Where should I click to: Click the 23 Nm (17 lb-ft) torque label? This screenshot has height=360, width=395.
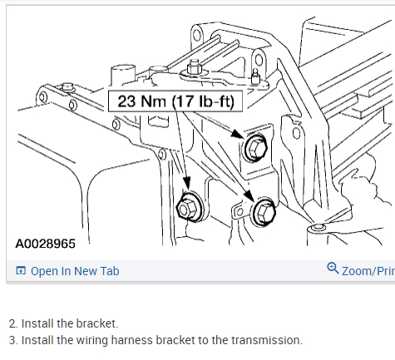175,101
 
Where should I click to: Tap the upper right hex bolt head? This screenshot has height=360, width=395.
255,148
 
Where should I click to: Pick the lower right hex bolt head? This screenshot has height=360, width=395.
264,212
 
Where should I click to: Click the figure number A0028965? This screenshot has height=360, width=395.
45,244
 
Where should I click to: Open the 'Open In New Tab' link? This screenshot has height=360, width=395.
75,271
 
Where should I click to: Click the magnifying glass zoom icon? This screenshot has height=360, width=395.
333,269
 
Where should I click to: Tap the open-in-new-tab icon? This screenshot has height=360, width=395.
21,270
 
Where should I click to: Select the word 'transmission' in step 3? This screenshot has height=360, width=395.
267,340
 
